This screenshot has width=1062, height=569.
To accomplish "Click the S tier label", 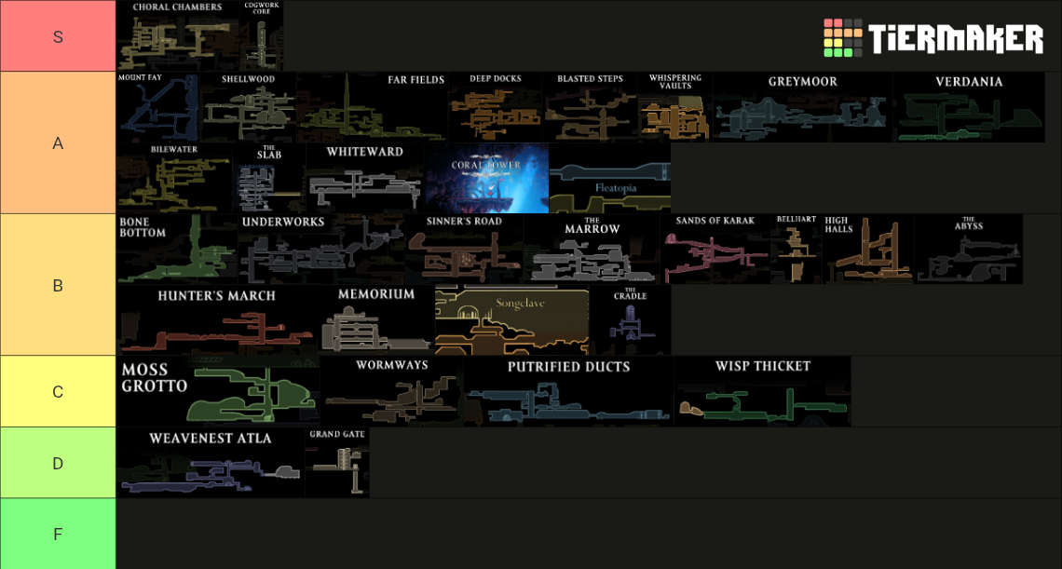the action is (58, 36).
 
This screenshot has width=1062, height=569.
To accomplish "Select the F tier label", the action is (58, 534).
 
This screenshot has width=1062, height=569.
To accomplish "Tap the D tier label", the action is (58, 464).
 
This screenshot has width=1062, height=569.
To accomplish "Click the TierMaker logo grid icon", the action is (842, 38).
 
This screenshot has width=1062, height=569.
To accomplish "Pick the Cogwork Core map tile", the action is (262, 36).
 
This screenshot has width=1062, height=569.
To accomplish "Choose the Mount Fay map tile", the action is (158, 107).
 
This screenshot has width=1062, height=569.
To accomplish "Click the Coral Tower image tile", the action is (487, 178).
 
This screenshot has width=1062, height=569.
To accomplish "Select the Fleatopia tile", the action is (610, 178).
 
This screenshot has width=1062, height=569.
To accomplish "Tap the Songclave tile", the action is (512, 319).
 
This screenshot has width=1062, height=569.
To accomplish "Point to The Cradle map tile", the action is (631, 319).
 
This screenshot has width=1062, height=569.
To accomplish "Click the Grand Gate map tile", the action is (337, 463).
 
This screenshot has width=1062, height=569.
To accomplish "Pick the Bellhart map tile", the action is (796, 249).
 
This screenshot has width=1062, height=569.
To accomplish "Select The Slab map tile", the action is (269, 178).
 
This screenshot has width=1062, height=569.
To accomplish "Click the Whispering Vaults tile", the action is (675, 107).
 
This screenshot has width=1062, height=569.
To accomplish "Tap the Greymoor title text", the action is (803, 81).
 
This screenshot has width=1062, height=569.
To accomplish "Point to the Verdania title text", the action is (969, 81).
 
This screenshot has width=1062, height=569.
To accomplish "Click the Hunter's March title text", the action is (217, 296).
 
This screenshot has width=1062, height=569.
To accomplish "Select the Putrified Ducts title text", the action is (569, 367).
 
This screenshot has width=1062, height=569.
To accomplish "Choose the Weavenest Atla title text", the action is (211, 439).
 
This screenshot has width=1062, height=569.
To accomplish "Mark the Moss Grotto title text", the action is (155, 378).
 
